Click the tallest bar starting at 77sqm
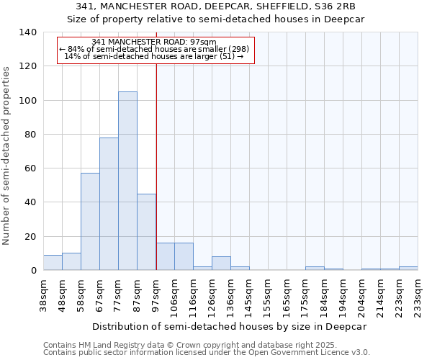point(127,181)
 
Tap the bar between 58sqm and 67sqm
point(90,222)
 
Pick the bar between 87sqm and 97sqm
point(146,232)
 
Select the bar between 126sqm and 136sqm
point(221,264)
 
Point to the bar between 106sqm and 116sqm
point(184,257)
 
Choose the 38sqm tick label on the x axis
point(43,295)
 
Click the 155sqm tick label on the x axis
point(268,295)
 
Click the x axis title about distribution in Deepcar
point(230,326)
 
